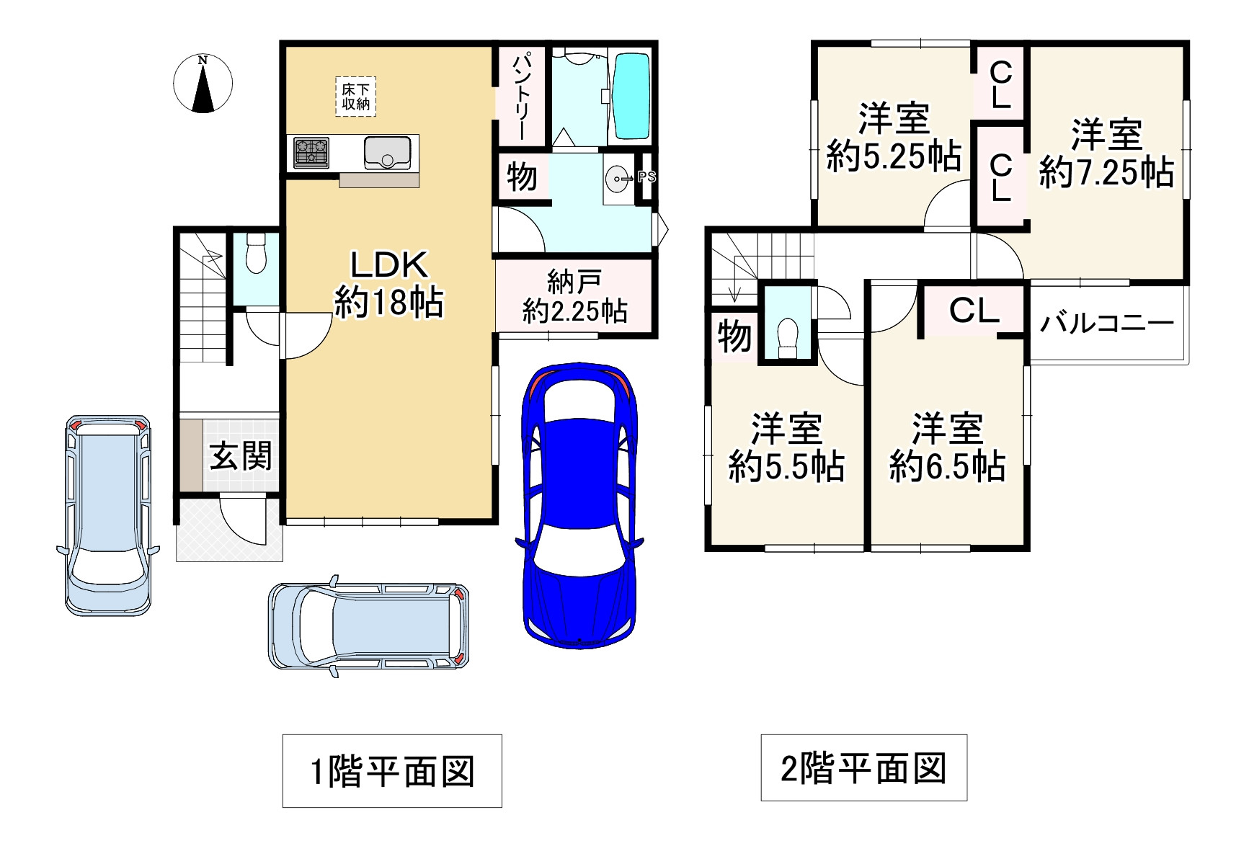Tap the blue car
(579, 504)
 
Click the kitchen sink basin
(389, 152)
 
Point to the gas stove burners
(311, 153)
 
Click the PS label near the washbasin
(646, 176)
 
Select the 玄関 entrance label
(241, 455)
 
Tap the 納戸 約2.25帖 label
(574, 296)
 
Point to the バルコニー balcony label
(1107, 323)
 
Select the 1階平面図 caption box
(392, 770)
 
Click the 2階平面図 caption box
(863, 767)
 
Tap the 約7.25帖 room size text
(1106, 173)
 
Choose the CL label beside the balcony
(974, 310)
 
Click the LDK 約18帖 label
(389, 284)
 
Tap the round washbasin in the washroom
(618, 179)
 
